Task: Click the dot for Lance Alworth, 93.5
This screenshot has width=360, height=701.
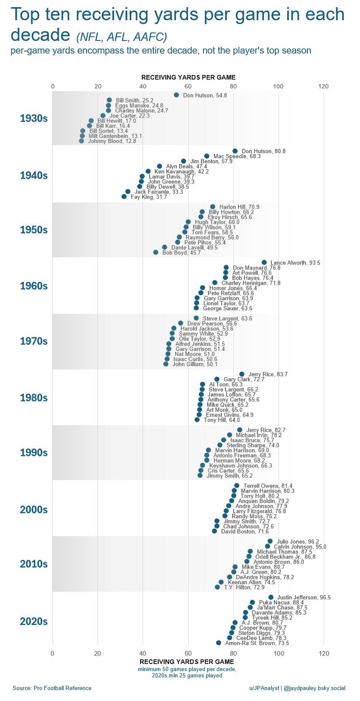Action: click(x=264, y=262)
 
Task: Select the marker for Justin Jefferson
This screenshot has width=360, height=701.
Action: click(x=271, y=597)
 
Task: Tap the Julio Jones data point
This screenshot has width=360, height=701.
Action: click(x=270, y=541)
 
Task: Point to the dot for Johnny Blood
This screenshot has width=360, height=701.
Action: click(x=81, y=141)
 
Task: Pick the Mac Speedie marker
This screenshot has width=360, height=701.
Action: click(x=207, y=156)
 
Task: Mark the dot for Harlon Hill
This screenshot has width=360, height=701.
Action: click(x=213, y=207)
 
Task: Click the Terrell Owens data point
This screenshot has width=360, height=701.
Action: click(x=237, y=485)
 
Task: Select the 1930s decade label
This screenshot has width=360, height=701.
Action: click(x=34, y=118)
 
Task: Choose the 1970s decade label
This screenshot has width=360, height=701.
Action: click(x=34, y=341)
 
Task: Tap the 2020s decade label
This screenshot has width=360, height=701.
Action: click(x=34, y=621)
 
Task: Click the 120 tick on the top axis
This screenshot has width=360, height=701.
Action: click(x=323, y=86)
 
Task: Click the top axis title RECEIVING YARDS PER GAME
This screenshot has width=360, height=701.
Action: click(x=188, y=77)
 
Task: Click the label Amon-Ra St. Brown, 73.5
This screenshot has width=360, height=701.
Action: click(x=257, y=643)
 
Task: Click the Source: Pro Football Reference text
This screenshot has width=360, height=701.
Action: click(x=52, y=688)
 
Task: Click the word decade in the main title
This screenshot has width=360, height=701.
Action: click(x=40, y=35)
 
